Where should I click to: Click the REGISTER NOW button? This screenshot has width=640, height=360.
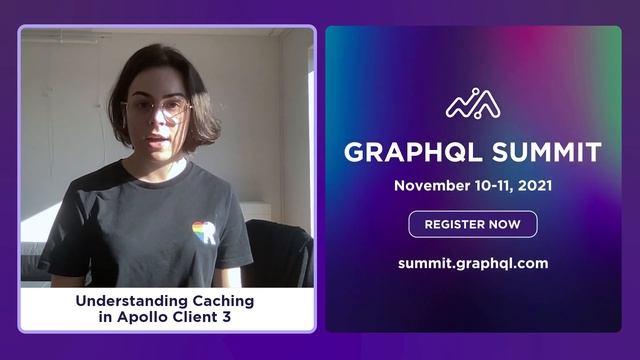pos(472,224)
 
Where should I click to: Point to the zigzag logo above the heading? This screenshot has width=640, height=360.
pos(473,104)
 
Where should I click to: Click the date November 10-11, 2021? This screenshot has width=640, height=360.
pos(472,186)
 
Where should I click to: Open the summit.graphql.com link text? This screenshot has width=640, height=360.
pos(472,264)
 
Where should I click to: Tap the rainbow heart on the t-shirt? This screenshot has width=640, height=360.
pos(203,232)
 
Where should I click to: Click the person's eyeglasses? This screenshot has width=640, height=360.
pos(157,109)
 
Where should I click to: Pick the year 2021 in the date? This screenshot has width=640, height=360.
pos(533,186)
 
